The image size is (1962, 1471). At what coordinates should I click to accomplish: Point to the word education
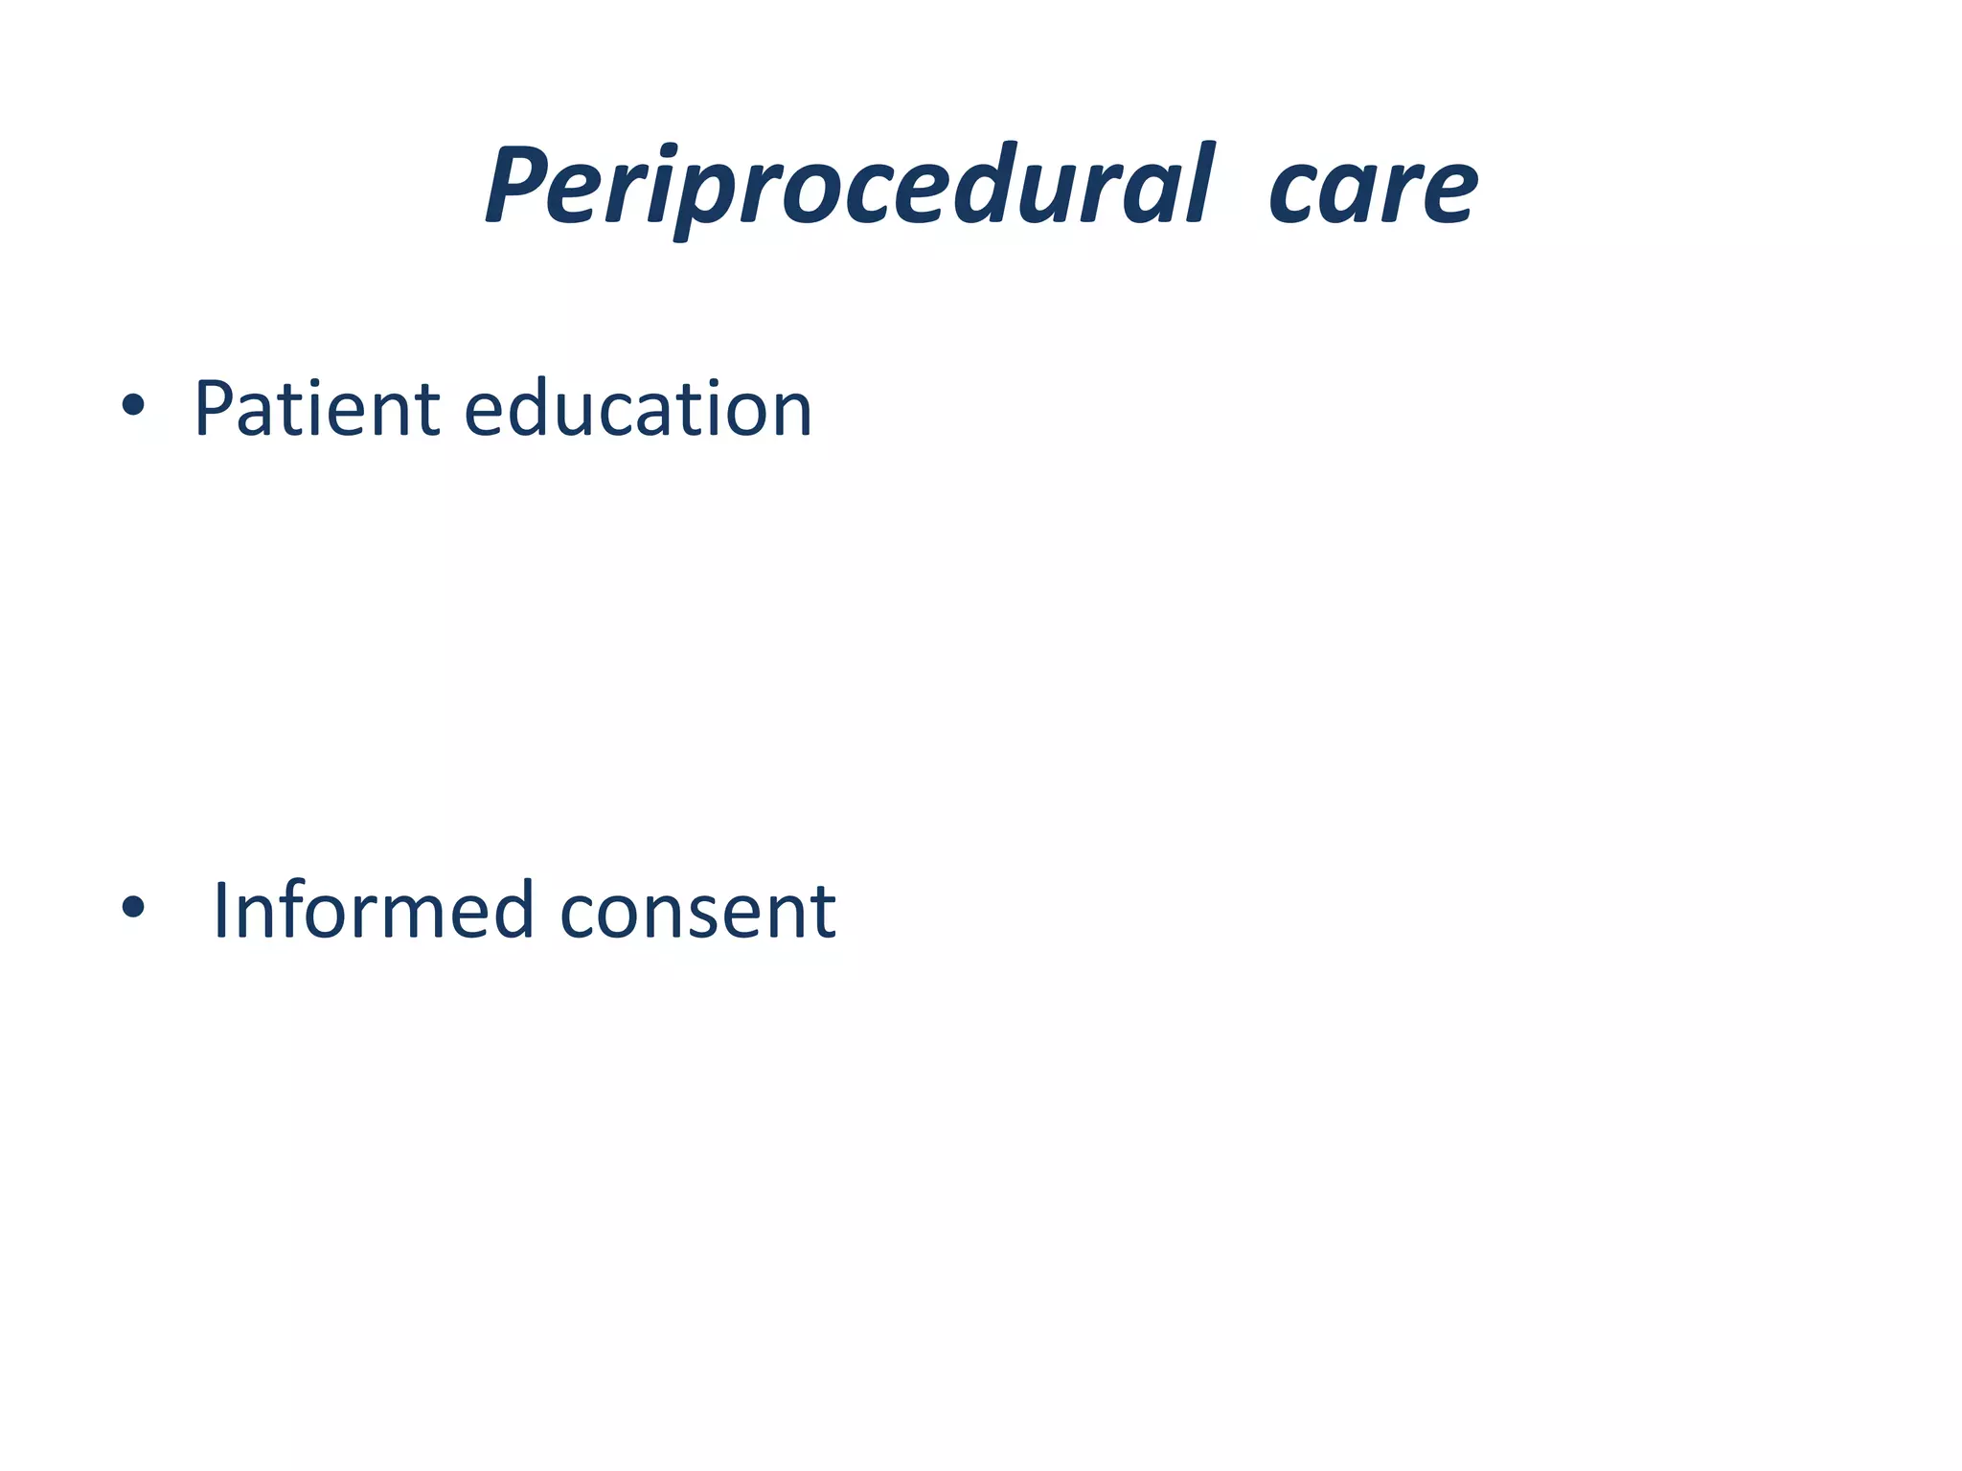(638, 410)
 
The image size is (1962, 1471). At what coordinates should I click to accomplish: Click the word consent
(697, 911)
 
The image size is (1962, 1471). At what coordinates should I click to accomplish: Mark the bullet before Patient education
(133, 406)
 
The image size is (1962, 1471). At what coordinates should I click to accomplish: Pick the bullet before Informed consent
(133, 907)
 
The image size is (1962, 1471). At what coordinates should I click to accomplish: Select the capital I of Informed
(221, 911)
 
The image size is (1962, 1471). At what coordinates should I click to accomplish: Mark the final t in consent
(824, 913)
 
